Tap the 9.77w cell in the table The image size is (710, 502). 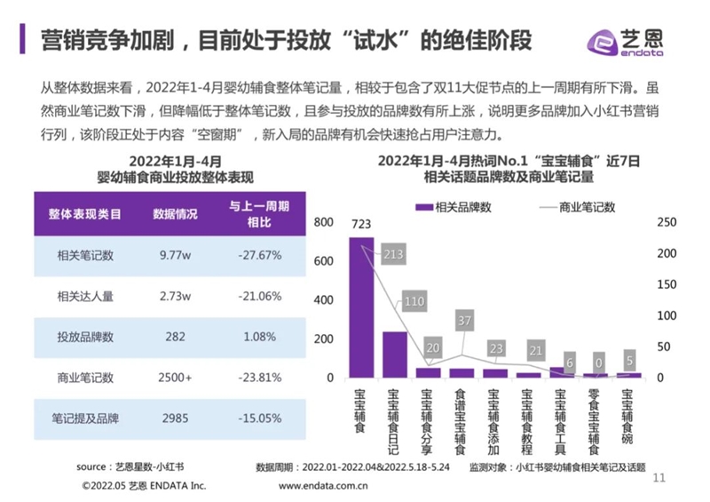pos(176,255)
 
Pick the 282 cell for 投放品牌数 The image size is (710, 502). pos(176,337)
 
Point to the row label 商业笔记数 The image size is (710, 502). pos(85,378)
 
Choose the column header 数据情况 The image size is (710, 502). pos(176,214)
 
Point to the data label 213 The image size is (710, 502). pos(394,256)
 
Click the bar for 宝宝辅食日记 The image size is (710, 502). pos(394,355)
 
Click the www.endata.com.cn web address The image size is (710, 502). pos(324,486)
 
